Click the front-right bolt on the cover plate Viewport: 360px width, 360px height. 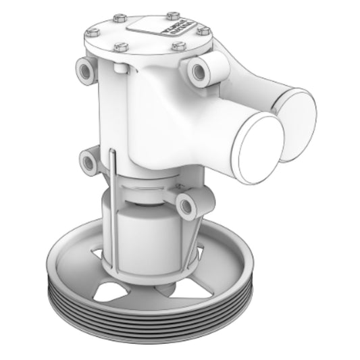(x=178, y=46)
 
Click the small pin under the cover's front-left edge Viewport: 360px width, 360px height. (x=118, y=68)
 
